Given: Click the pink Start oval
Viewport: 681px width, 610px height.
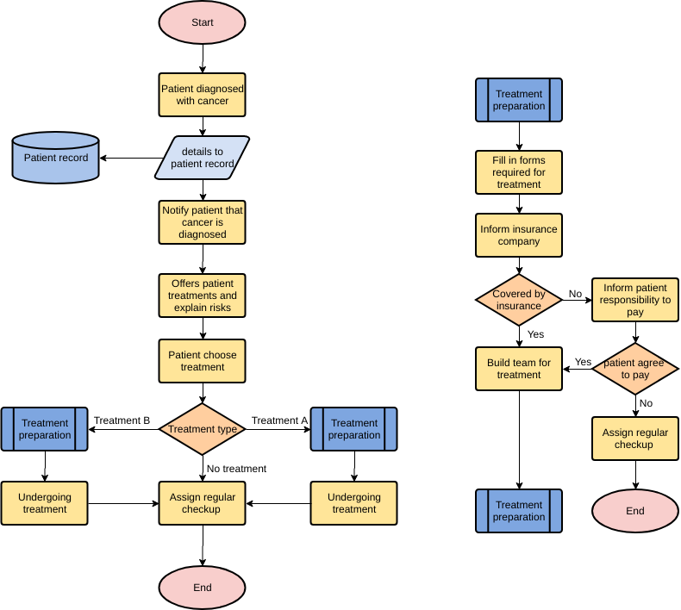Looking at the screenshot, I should point(202,22).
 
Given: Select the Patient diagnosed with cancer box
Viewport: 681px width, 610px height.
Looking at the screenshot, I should point(202,95).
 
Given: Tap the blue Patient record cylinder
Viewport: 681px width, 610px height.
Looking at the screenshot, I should point(56,158).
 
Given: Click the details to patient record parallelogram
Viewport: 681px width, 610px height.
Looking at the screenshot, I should point(202,158).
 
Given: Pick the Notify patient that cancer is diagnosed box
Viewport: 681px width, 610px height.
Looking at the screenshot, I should point(202,222).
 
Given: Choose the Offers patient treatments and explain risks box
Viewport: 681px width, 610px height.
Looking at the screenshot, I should point(202,296).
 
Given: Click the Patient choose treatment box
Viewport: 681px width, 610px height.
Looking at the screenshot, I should point(202,361).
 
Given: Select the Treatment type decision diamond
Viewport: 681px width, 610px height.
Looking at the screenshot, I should point(202,429).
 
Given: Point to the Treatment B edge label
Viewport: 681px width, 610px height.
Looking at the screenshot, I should point(122,420).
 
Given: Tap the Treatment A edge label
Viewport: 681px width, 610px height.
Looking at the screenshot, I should point(279,420).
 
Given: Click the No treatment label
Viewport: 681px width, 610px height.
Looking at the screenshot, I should point(236,469).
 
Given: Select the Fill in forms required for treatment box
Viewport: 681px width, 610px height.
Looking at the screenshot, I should point(519,172).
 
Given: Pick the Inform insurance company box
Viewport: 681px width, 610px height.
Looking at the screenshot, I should point(519,235).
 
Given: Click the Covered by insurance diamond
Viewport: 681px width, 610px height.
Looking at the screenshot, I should point(519,300).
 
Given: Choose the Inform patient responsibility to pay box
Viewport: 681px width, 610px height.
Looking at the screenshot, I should point(635,300).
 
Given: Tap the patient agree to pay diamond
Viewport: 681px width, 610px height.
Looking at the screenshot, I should point(635,369).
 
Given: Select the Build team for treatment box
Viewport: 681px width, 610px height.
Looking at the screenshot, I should point(519,369).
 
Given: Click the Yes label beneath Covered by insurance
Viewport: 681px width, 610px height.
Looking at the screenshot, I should point(535,334).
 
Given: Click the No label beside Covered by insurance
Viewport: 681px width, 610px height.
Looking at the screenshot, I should point(575,295).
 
